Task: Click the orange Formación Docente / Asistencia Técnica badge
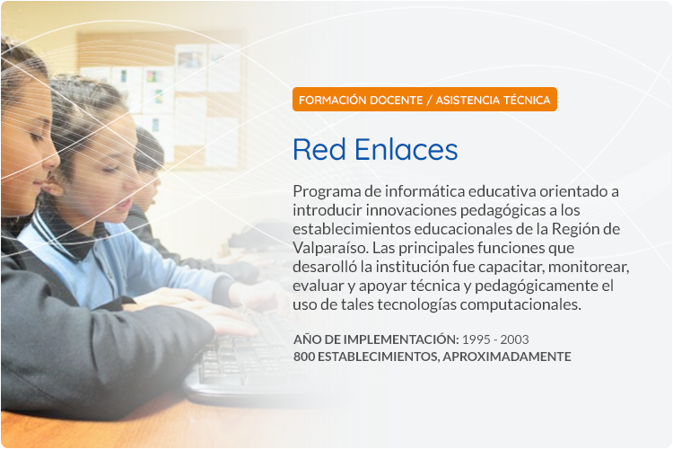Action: pyautogui.click(x=424, y=100)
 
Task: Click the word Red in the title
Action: pyautogui.click(x=319, y=150)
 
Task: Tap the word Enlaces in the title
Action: pyautogui.click(x=406, y=150)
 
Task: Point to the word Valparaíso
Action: pyautogui.click(x=330, y=249)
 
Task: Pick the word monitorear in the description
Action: pyautogui.click(x=589, y=268)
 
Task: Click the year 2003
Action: pyautogui.click(x=514, y=339)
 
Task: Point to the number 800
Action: pyautogui.click(x=304, y=357)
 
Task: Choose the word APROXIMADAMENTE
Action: pyautogui.click(x=507, y=357)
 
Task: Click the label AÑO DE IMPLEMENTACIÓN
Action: pyautogui.click(x=376, y=339)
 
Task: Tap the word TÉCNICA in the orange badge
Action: pyautogui.click(x=527, y=100)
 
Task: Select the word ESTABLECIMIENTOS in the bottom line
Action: pyautogui.click(x=378, y=357)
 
